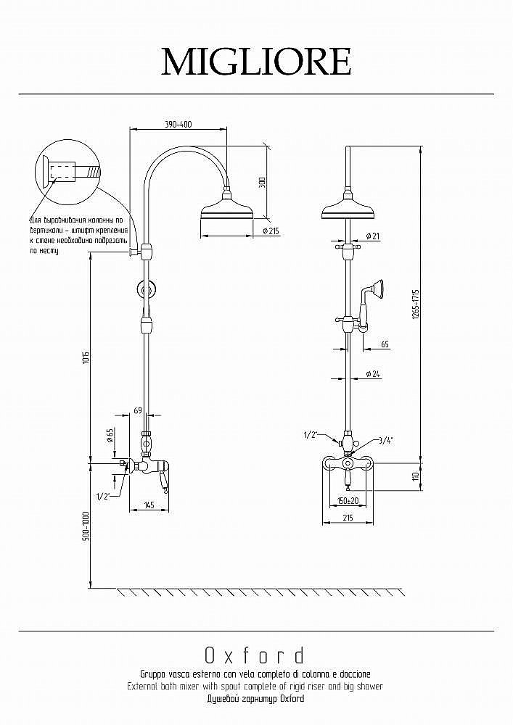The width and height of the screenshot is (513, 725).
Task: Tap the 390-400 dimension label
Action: tap(178, 125)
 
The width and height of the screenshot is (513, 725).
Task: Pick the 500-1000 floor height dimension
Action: tap(86, 526)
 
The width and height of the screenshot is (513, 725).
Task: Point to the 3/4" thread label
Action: tap(385, 440)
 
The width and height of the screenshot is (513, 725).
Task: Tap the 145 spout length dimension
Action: tap(148, 505)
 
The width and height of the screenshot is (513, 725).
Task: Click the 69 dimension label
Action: tap(138, 411)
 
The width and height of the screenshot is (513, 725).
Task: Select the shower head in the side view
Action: tap(226, 210)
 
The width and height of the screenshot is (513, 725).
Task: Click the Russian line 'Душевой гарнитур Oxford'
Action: tap(255, 699)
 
